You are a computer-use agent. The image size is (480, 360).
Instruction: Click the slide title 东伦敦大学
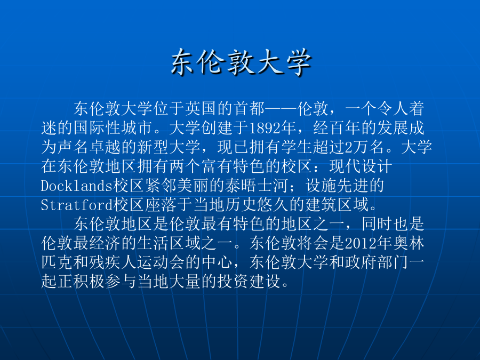point(241,62)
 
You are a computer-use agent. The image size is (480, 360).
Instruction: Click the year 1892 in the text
point(265,128)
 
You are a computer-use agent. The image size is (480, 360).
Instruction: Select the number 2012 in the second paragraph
point(361,243)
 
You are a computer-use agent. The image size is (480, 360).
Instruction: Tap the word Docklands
point(77,186)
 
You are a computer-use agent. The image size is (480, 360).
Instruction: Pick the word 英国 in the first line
point(201,109)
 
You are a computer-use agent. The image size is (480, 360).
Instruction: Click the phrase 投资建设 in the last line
point(249,282)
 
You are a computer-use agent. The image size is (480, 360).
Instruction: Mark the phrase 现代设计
point(361,166)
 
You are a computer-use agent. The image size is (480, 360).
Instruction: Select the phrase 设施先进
point(337,186)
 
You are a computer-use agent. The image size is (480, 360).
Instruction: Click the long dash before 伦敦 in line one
point(281,109)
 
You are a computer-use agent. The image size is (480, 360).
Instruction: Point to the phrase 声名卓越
point(89,147)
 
